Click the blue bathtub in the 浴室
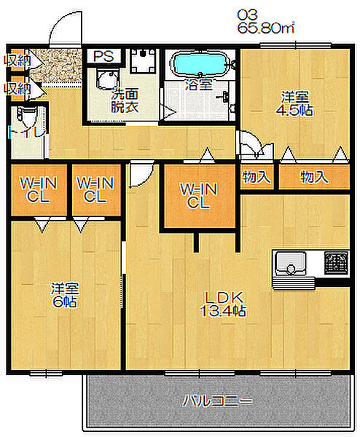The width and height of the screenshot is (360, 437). [x=200, y=63]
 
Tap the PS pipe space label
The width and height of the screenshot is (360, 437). [x=103, y=56]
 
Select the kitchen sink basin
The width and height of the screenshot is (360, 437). [x=290, y=263]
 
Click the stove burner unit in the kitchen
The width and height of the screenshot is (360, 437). [x=336, y=262]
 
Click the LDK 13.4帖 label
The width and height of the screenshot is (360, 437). [x=224, y=304]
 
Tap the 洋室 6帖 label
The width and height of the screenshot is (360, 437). [x=65, y=295]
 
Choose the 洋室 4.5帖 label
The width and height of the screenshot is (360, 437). [x=294, y=103]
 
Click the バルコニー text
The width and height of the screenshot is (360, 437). [x=217, y=401]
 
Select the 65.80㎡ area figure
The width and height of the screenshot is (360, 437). [x=266, y=28]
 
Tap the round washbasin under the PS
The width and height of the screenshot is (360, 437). [x=107, y=81]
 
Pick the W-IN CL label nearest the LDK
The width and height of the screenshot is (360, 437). [x=198, y=196]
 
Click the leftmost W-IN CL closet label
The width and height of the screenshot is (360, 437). [x=38, y=190]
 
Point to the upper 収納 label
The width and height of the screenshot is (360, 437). [x=17, y=60]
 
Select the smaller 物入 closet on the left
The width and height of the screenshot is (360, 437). [x=257, y=177]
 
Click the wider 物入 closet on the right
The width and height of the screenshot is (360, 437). [x=314, y=177]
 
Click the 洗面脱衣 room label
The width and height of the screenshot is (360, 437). [x=125, y=101]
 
